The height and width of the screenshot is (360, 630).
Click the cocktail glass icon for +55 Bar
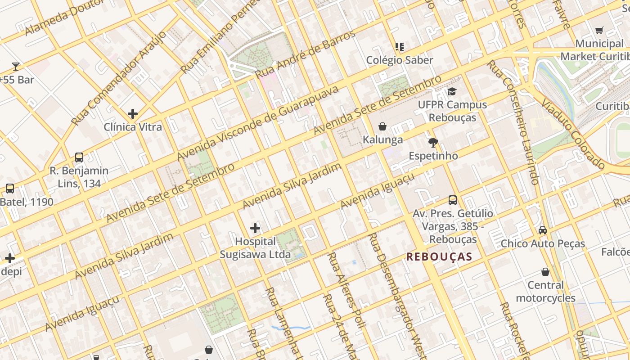[x=16, y=67]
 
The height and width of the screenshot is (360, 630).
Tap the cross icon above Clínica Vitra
[x=133, y=113]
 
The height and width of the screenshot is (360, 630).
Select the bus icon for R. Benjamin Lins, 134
[x=79, y=157]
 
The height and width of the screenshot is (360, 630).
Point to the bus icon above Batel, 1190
[x=9, y=189]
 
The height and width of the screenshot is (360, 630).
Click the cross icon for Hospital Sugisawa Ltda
[x=255, y=228]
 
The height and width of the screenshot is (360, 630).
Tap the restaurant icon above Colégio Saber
[x=399, y=46]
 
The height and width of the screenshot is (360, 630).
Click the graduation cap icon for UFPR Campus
[x=452, y=91]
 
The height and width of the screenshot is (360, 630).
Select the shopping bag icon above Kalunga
[x=382, y=126]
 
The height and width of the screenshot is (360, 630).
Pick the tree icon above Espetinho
[x=433, y=143]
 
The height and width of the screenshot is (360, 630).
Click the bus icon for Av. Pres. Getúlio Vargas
[x=453, y=200]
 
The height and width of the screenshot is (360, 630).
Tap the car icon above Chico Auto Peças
[x=543, y=230]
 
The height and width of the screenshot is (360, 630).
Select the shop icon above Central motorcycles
[x=545, y=272]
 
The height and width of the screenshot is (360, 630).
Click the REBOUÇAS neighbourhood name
[x=439, y=257]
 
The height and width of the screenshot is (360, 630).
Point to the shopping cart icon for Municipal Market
[x=599, y=31]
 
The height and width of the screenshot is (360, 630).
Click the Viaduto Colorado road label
[x=573, y=134]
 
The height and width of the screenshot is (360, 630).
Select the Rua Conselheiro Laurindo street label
[x=513, y=122]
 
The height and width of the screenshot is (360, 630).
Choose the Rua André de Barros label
[x=305, y=54]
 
